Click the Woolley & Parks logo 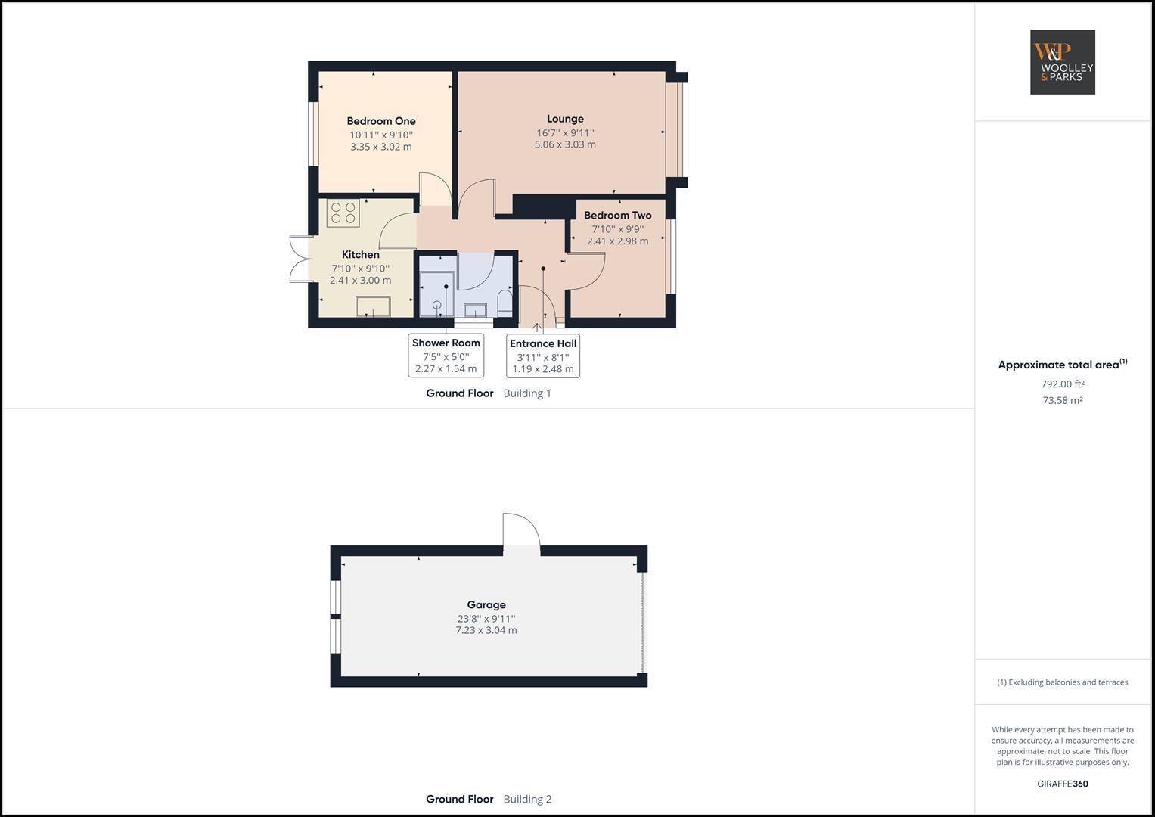(x=1062, y=62)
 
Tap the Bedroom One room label (x=381, y=121)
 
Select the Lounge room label (x=565, y=119)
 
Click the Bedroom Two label (x=617, y=216)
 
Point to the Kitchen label (x=361, y=255)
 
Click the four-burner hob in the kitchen (x=343, y=213)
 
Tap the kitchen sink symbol (x=374, y=306)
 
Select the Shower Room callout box (x=446, y=356)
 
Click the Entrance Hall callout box (x=543, y=356)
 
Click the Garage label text (x=486, y=605)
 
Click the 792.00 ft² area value (x=1063, y=384)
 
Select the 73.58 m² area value (x=1063, y=401)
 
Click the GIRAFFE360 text (x=1062, y=784)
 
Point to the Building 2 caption (x=527, y=799)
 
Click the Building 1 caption (x=527, y=393)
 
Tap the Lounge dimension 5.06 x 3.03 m (x=565, y=144)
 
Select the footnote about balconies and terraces (x=1062, y=682)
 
